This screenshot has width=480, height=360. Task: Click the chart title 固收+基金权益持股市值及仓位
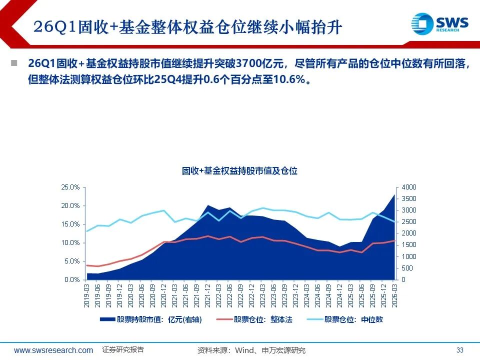(x=239, y=171)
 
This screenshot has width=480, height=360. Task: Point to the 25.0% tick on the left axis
(x=70, y=187)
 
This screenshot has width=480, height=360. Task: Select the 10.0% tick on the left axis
(x=70, y=242)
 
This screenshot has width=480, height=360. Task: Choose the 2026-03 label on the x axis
(x=394, y=294)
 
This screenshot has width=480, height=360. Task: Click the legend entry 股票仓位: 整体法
(x=262, y=320)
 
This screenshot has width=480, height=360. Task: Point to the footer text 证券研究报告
(x=123, y=349)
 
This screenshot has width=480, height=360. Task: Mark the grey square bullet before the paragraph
(x=13, y=63)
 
